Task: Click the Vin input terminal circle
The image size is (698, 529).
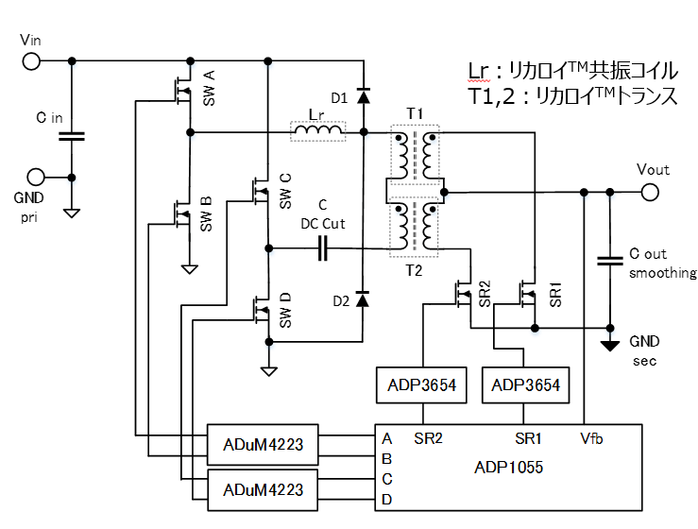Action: coord(31,61)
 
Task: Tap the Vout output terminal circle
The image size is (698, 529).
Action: coord(650,193)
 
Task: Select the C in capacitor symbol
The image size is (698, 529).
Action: coord(72,136)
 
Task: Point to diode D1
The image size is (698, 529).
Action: coord(364,95)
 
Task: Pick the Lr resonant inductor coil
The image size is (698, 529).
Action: coord(317,132)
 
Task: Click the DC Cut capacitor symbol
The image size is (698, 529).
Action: coord(324,249)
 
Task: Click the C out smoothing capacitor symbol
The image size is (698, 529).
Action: coord(610,262)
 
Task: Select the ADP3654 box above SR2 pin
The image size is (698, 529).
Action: coord(422,385)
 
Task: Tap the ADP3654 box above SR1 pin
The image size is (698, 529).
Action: coord(525,385)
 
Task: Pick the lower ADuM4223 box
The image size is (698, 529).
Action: coord(264,489)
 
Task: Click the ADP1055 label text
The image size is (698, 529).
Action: coord(511,468)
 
